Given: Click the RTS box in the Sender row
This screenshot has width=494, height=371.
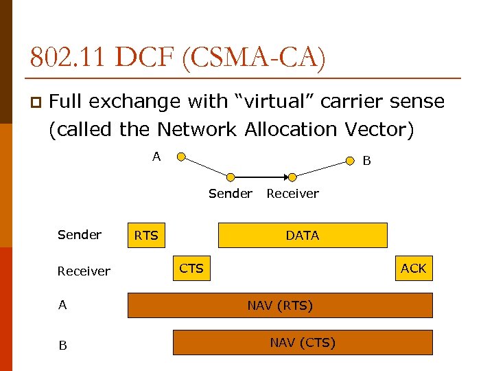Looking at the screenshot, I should [146, 236].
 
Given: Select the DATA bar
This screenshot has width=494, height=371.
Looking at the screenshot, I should [303, 236].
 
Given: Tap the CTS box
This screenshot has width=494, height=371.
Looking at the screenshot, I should [191, 268].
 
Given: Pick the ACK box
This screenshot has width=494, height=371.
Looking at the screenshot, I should [413, 268].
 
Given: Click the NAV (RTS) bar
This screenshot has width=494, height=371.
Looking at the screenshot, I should [280, 306].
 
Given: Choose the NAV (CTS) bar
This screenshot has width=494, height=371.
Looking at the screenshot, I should [303, 342].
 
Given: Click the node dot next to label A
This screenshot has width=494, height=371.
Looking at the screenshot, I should [180, 157].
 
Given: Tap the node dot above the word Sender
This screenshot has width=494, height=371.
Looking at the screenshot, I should [231, 177].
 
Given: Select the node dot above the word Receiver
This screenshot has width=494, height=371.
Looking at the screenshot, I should [292, 177].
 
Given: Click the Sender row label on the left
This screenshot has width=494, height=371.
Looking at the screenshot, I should [80, 235].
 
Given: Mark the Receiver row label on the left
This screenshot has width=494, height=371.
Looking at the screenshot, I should [84, 271].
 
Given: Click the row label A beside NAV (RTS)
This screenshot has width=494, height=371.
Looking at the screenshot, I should [62, 305].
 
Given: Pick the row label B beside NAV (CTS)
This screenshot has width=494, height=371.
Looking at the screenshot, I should [62, 346].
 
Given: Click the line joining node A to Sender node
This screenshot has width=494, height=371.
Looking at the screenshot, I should [206, 167].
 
